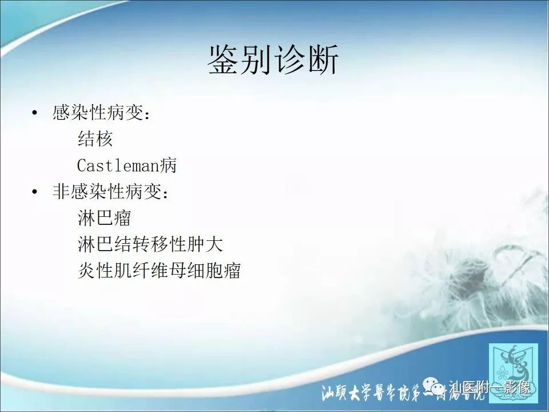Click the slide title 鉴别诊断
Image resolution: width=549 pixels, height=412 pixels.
[x=273, y=60]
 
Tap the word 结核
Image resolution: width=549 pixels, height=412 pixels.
[x=95, y=139]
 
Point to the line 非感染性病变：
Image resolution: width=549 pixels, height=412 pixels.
[x=111, y=192]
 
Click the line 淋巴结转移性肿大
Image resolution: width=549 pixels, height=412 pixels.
[x=150, y=244]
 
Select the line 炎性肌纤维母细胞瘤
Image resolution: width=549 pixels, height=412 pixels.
[x=159, y=271]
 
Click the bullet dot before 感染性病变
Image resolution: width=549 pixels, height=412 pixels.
[x=37, y=113]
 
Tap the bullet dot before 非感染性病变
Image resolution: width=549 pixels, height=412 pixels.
[x=37, y=192]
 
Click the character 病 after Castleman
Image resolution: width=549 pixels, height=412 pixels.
[x=169, y=165]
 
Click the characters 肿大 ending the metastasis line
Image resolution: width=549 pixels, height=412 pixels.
[x=207, y=244]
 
